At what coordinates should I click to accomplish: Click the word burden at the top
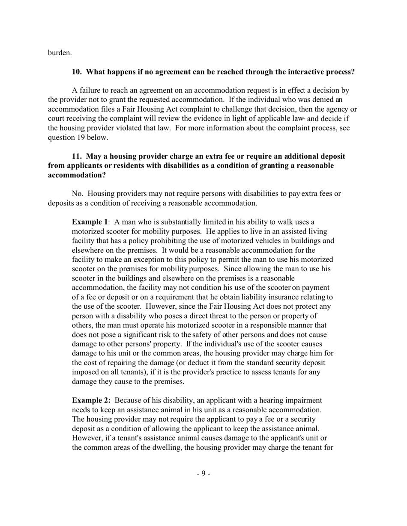[x=59, y=53]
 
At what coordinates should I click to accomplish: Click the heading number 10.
[x=76, y=72]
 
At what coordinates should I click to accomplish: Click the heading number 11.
[x=76, y=156]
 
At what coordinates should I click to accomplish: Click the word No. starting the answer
[x=77, y=194]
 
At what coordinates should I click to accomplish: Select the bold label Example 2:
[x=91, y=401]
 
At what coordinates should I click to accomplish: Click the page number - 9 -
[x=203, y=473]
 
